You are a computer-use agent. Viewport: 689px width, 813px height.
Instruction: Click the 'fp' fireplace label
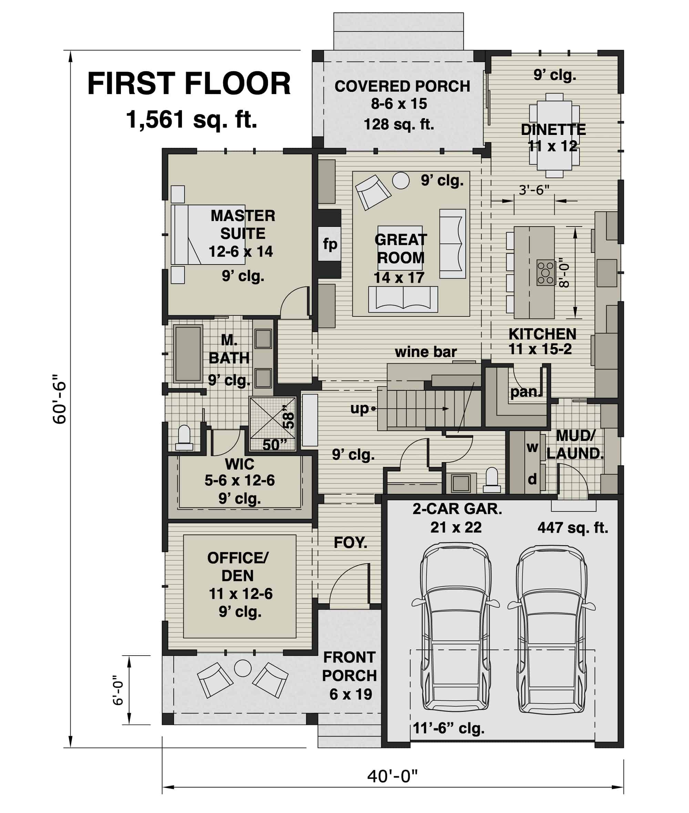[x=330, y=244]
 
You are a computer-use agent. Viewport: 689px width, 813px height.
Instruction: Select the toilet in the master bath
[x=184, y=438]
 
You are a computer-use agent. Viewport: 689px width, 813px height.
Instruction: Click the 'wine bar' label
[x=426, y=352]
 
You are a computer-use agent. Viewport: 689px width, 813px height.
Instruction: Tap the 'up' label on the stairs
[x=359, y=408]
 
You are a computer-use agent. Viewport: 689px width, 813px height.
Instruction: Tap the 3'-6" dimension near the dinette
[x=534, y=190]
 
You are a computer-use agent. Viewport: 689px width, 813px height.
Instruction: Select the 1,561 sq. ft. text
[x=192, y=119]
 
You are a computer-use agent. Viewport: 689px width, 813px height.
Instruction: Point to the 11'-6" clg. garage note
[x=449, y=728]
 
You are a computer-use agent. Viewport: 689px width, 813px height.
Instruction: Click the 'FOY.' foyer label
[x=350, y=542]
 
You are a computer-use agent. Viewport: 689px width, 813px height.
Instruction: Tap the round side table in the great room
[x=401, y=180]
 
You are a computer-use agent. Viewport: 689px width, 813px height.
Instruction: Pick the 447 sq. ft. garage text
[x=573, y=528]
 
